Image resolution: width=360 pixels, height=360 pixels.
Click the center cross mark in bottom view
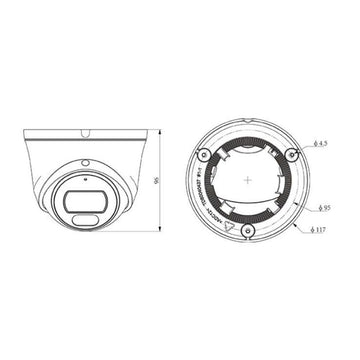(x=246, y=180)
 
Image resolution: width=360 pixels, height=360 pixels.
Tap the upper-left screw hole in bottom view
(x=204, y=152)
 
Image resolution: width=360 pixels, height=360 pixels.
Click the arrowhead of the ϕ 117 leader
(x=299, y=227)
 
